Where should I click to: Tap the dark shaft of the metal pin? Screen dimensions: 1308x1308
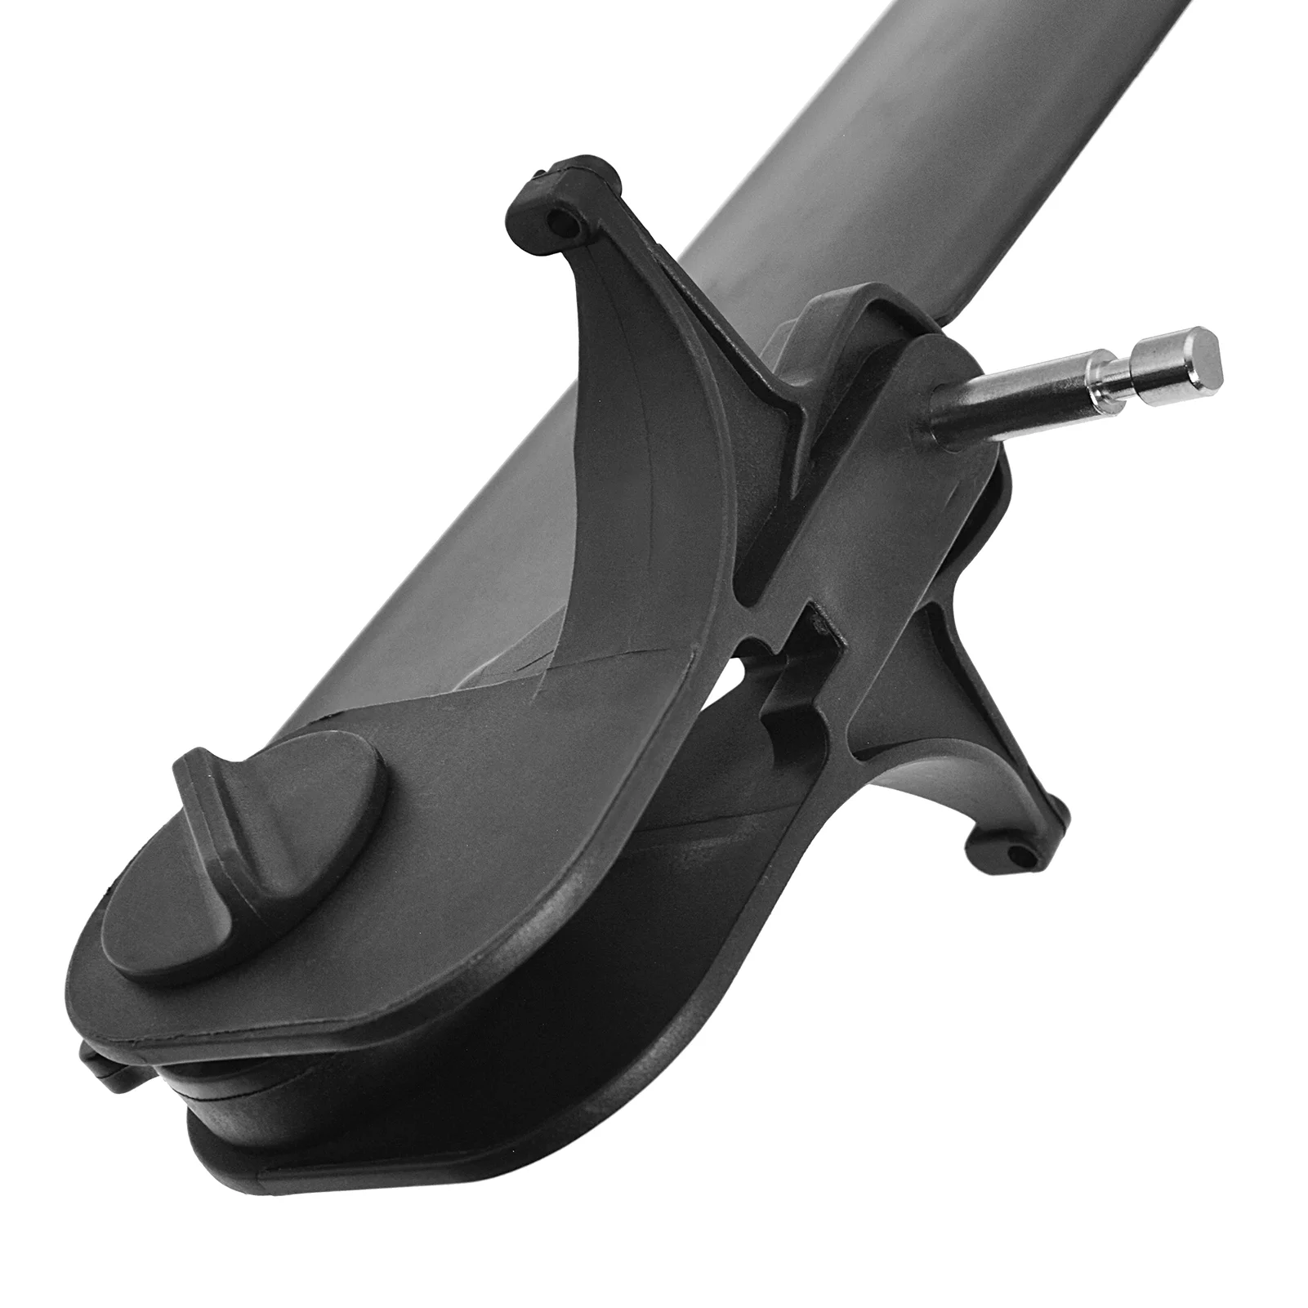click(x=1029, y=408)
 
